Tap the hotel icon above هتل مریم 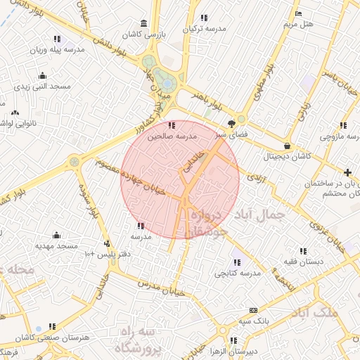[x=298, y=13]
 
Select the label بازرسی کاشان [x=141, y=34]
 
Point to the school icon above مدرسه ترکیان [x=204, y=18]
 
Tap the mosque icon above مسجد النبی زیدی [x=43, y=76]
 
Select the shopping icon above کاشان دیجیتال [x=286, y=146]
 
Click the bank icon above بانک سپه [x=253, y=310]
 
